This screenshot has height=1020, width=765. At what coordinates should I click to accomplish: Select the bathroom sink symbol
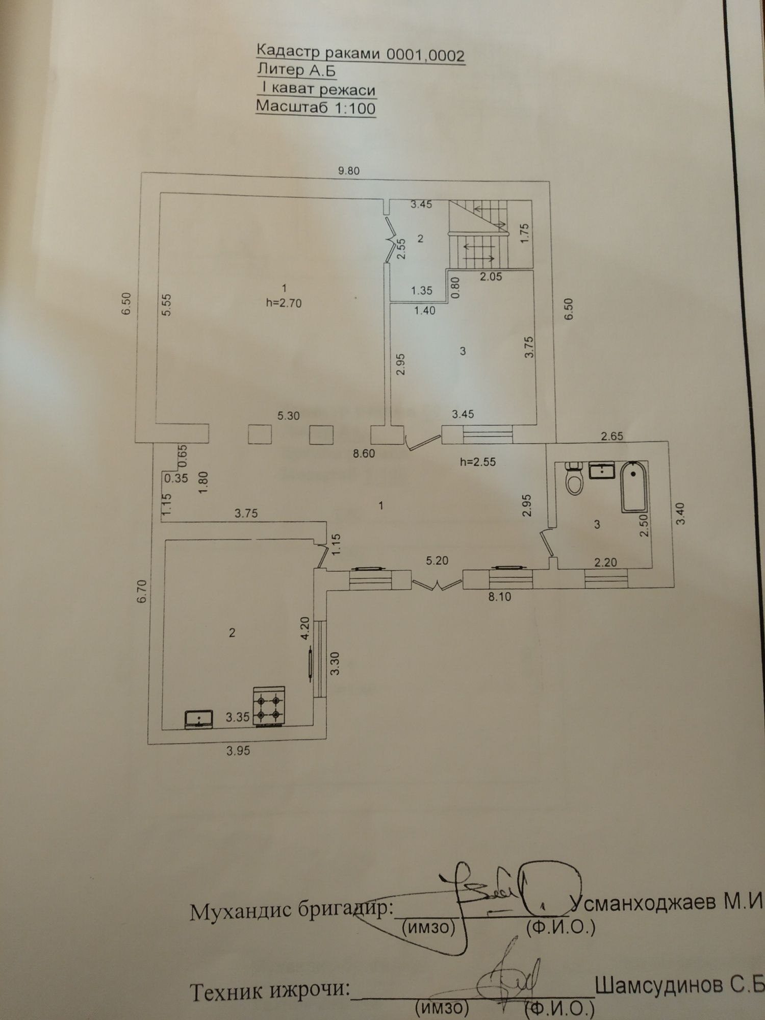click(602, 470)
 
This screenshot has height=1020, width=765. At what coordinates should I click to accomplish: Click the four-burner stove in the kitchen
click(269, 706)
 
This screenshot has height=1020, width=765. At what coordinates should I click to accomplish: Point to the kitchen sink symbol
click(199, 719)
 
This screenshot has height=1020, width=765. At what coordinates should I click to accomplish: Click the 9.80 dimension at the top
click(349, 171)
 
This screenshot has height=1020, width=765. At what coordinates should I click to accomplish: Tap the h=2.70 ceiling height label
click(284, 303)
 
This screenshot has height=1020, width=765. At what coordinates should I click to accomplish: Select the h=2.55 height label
click(478, 463)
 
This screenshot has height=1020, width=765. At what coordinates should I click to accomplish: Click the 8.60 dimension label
click(364, 453)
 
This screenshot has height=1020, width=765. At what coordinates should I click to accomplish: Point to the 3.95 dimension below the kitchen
click(238, 751)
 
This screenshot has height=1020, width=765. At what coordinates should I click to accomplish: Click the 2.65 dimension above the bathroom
click(612, 436)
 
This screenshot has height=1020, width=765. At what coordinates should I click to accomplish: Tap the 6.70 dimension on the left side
click(142, 592)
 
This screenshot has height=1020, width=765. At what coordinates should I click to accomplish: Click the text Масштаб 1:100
click(316, 107)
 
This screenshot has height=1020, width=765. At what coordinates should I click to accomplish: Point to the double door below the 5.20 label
click(437, 584)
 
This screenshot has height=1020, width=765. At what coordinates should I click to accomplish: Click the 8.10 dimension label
click(500, 596)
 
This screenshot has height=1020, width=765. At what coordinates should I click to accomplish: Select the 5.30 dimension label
click(288, 416)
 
